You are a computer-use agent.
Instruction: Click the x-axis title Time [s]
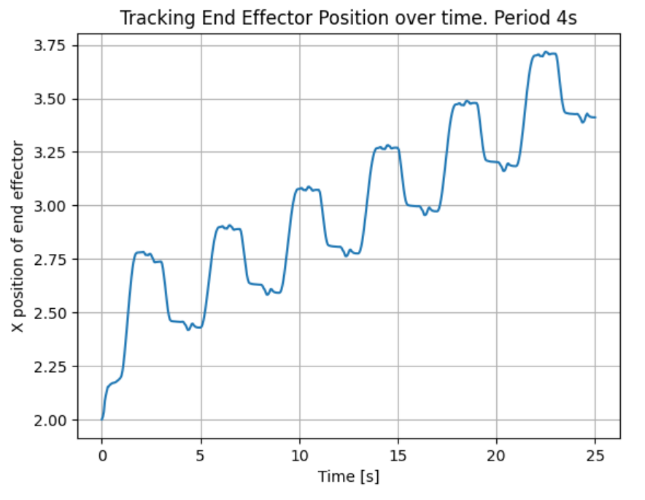pyautogui.click(x=348, y=477)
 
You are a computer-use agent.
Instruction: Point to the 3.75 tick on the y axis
pyautogui.click(x=52, y=45)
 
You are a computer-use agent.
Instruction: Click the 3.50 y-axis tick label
pyautogui.click(x=52, y=99)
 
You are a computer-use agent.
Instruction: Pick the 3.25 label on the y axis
pyautogui.click(x=52, y=153)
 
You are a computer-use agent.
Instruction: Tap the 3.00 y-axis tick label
pyautogui.click(x=52, y=206)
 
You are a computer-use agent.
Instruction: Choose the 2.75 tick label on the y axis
pyautogui.click(x=52, y=259)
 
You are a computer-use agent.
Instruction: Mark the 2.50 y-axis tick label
pyautogui.click(x=52, y=312)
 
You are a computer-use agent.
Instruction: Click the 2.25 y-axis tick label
pyautogui.click(x=52, y=366)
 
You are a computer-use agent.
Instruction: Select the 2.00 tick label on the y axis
pyautogui.click(x=52, y=420)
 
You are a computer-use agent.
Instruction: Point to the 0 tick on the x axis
pyautogui.click(x=102, y=455)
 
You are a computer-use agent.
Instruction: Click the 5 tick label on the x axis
pyautogui.click(x=201, y=455)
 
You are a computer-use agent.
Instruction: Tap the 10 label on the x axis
pyautogui.click(x=299, y=455)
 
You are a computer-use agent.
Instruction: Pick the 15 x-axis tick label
pyautogui.click(x=398, y=455)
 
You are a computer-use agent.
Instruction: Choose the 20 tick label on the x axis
pyautogui.click(x=497, y=455)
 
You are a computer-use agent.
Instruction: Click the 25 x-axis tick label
pyautogui.click(x=595, y=455)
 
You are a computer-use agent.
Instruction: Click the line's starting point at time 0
pyautogui.click(x=102, y=420)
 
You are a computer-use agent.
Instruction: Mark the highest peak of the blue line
pyautogui.click(x=546, y=53)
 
